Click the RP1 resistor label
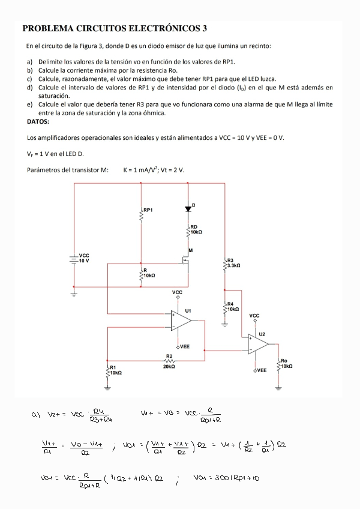tap(148, 210)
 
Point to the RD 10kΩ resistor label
tap(197, 229)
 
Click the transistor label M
tap(190, 250)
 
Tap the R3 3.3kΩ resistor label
tap(234, 262)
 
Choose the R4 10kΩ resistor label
tap(233, 306)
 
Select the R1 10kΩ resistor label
tap(115, 370)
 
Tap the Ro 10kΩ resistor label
tap(286, 363)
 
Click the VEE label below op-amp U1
tap(184, 347)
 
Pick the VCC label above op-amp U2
tap(254, 315)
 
